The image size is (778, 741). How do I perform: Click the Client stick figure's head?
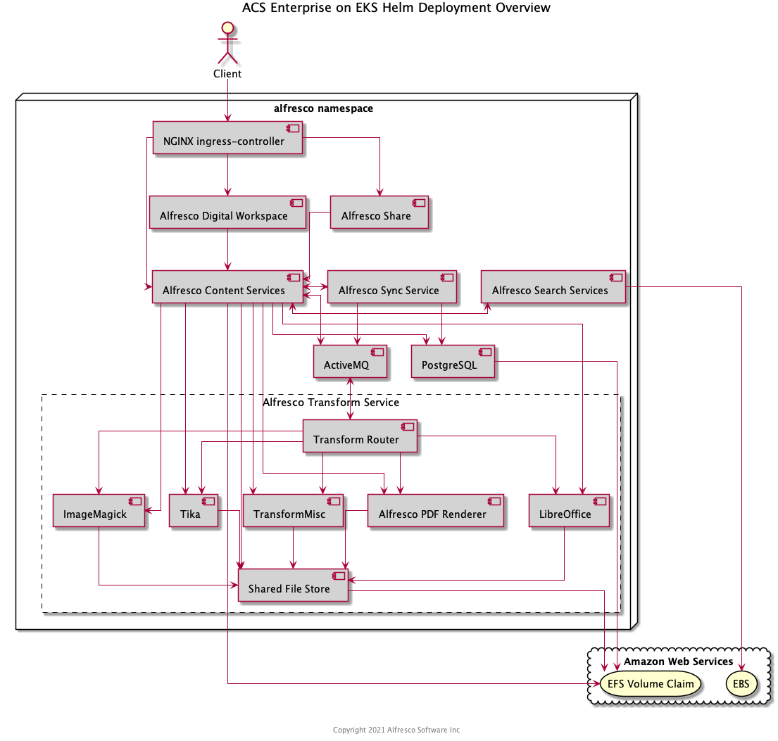point(227,28)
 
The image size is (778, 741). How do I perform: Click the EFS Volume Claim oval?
point(650,683)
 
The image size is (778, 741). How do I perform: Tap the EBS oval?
point(741,683)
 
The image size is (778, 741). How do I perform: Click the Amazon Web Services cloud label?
point(678,661)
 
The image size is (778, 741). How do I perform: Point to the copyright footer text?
point(396,730)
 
